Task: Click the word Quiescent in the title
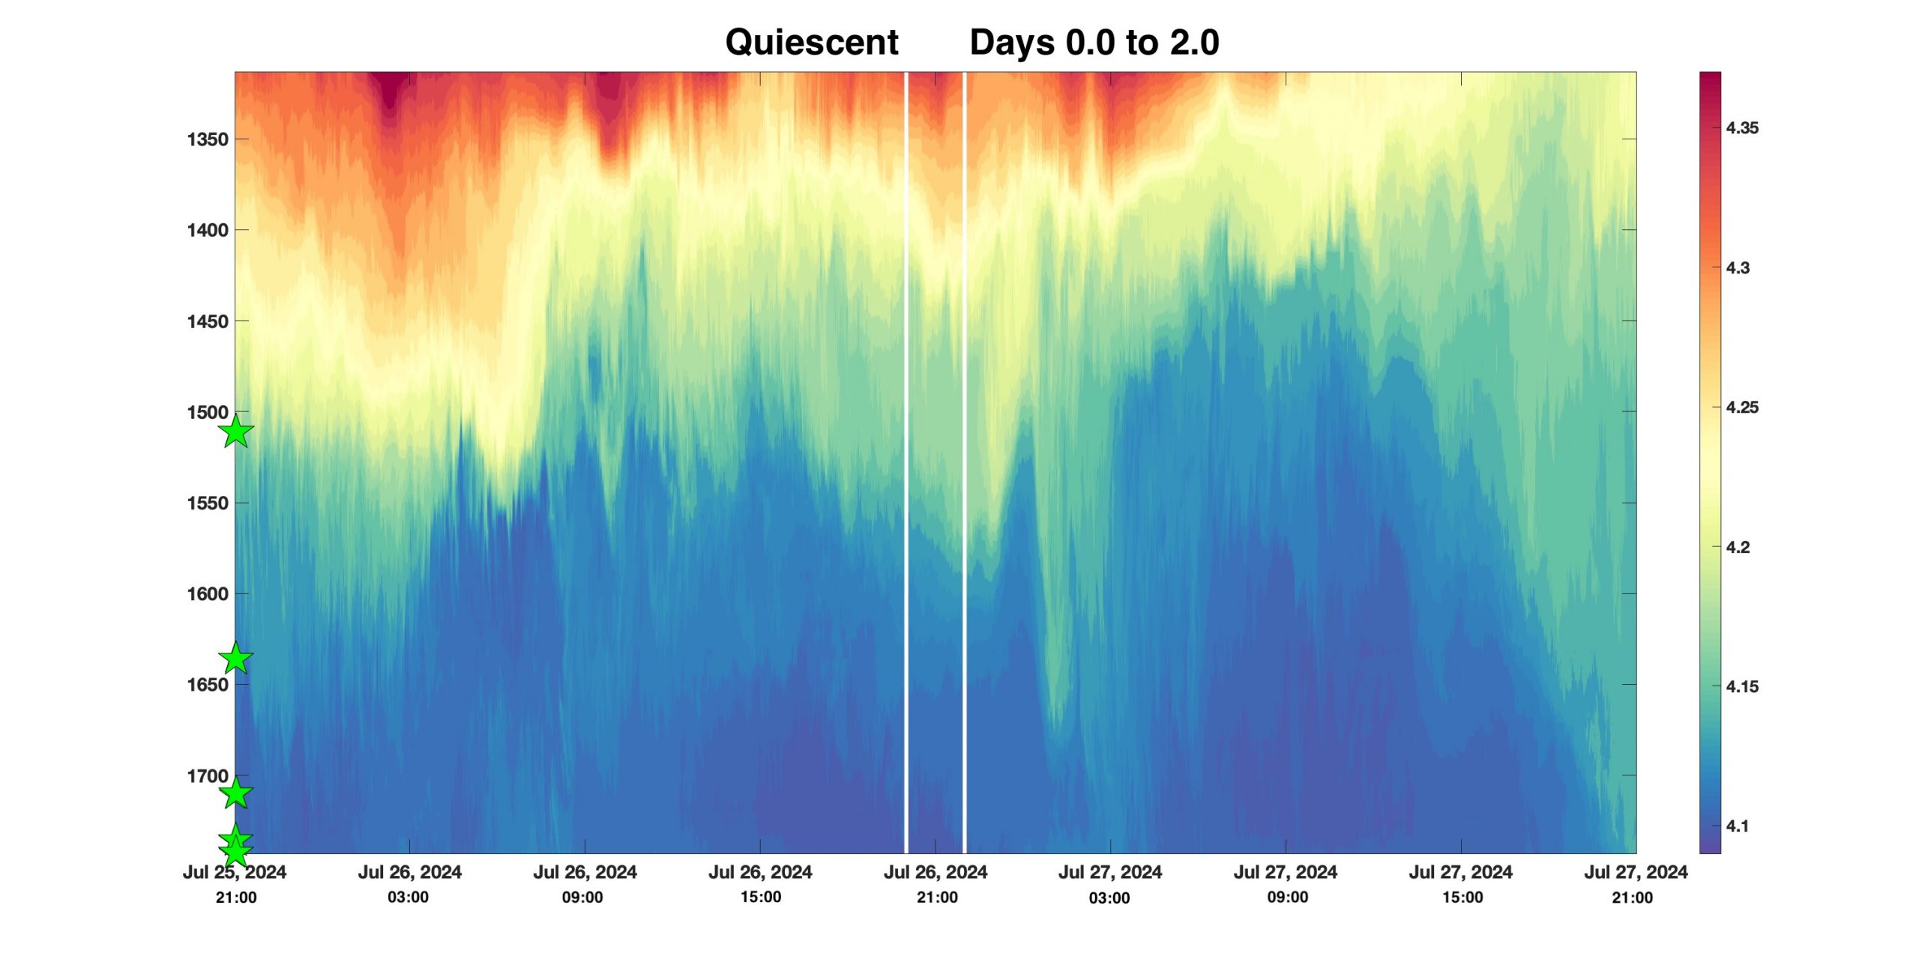(x=811, y=42)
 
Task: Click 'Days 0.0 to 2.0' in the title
(x=1094, y=42)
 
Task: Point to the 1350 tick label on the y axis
(x=207, y=139)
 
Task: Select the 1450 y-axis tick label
(x=207, y=321)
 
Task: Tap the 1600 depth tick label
(x=207, y=594)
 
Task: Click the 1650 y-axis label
(x=207, y=685)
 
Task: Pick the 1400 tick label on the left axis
(x=207, y=230)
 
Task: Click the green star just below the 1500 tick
(x=236, y=432)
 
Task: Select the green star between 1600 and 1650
(x=236, y=659)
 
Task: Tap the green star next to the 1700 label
(x=236, y=793)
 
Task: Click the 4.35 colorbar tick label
(x=1741, y=128)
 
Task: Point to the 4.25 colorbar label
(x=1741, y=408)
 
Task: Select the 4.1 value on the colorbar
(x=1737, y=826)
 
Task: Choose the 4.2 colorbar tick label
(x=1737, y=547)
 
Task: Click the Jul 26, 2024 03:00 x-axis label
(x=409, y=884)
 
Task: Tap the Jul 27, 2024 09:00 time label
(x=1286, y=884)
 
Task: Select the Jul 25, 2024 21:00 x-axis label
(x=235, y=884)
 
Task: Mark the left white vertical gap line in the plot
(x=906, y=450)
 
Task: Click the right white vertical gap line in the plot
(x=964, y=450)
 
